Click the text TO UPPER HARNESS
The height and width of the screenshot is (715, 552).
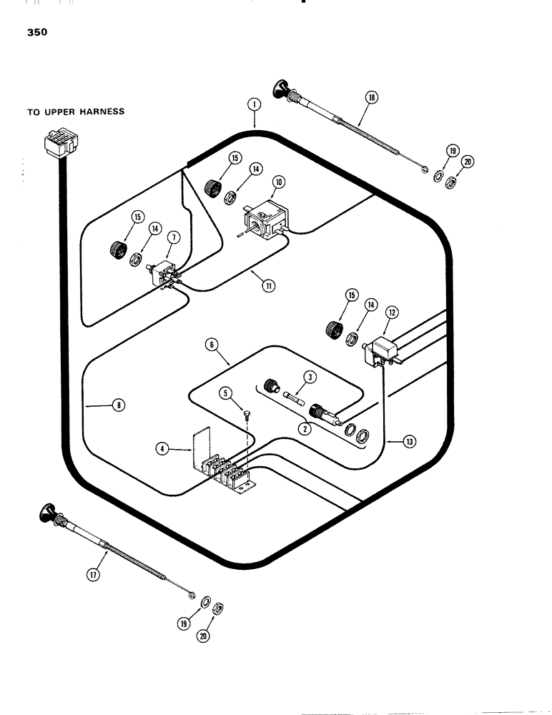pyautogui.click(x=76, y=112)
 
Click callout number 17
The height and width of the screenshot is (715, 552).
pyautogui.click(x=92, y=573)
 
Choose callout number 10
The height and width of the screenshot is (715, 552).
pyautogui.click(x=279, y=182)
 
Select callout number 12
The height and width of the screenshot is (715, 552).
pyautogui.click(x=391, y=312)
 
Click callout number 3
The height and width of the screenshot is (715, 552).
pyautogui.click(x=309, y=377)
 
